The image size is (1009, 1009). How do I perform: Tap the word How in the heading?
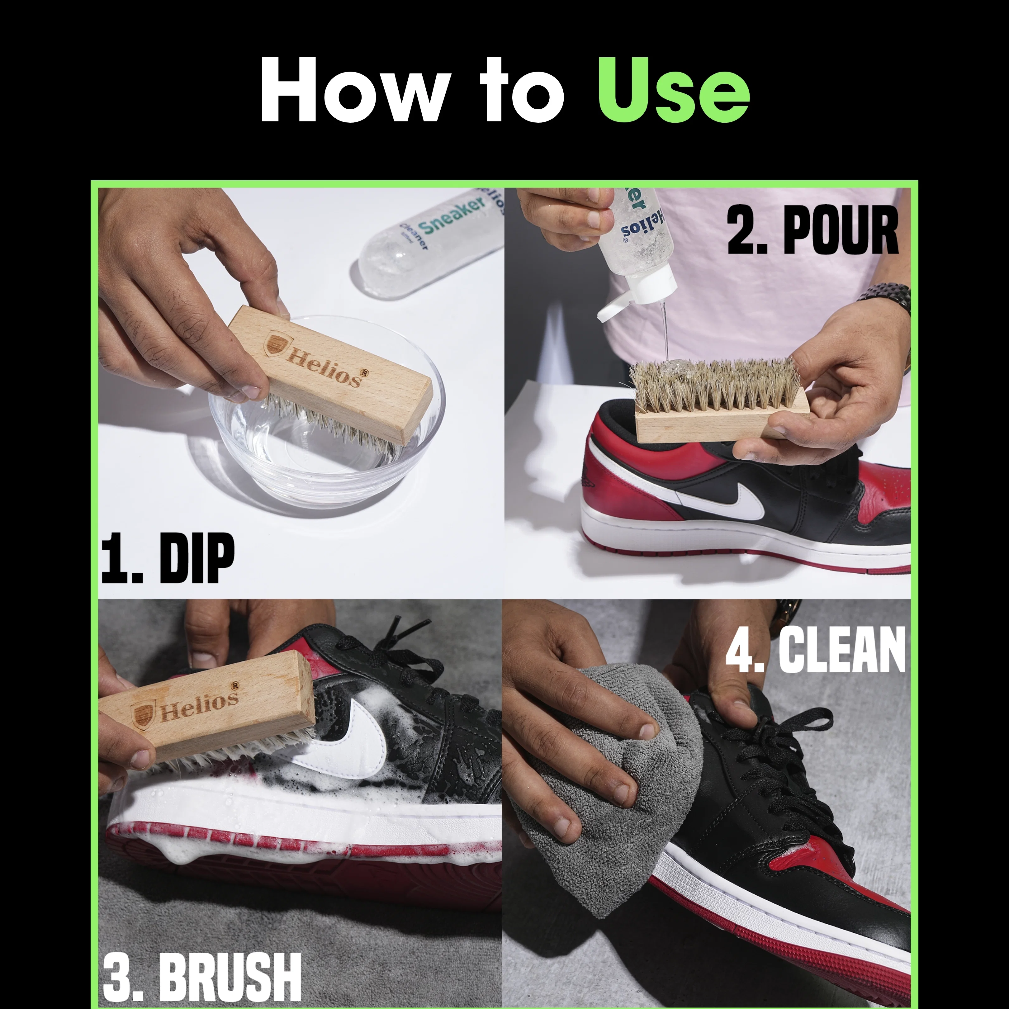(355, 90)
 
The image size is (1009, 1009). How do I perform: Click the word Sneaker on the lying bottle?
(452, 215)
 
